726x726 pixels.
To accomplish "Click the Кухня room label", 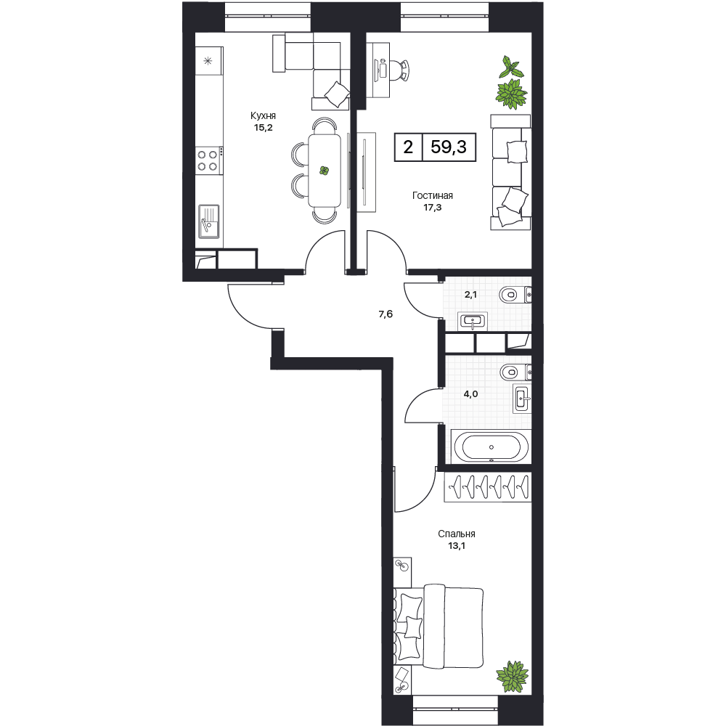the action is (x=263, y=115).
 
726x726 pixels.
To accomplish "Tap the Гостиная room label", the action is (x=433, y=196).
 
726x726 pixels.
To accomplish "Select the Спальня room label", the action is (x=457, y=534).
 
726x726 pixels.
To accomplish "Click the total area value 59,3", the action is (x=449, y=147).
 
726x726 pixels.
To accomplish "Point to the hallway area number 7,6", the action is (x=386, y=314).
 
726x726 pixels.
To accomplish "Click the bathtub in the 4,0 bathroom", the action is (x=492, y=447).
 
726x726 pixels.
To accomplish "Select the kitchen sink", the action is (x=209, y=221).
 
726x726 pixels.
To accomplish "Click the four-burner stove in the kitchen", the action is (x=208, y=160).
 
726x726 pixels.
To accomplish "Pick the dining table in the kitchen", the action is (x=324, y=171).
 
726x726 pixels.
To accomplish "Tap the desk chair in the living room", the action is (x=400, y=70).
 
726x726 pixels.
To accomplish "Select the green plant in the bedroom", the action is (x=512, y=677).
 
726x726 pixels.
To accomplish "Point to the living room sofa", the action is (x=510, y=172).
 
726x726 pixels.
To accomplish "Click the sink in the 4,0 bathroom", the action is (x=522, y=398).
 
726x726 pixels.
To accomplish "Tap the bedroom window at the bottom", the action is (x=454, y=702).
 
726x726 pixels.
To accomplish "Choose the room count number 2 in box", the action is (x=408, y=147).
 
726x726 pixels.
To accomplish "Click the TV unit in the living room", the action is (x=366, y=172).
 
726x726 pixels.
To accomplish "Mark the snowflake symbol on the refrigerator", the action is (x=208, y=61).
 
